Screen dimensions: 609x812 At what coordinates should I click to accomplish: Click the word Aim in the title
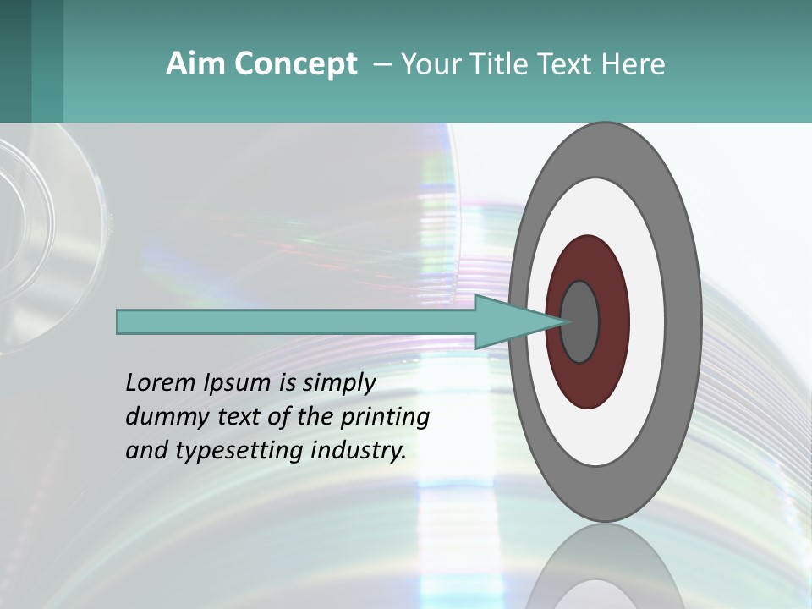click(195, 64)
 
